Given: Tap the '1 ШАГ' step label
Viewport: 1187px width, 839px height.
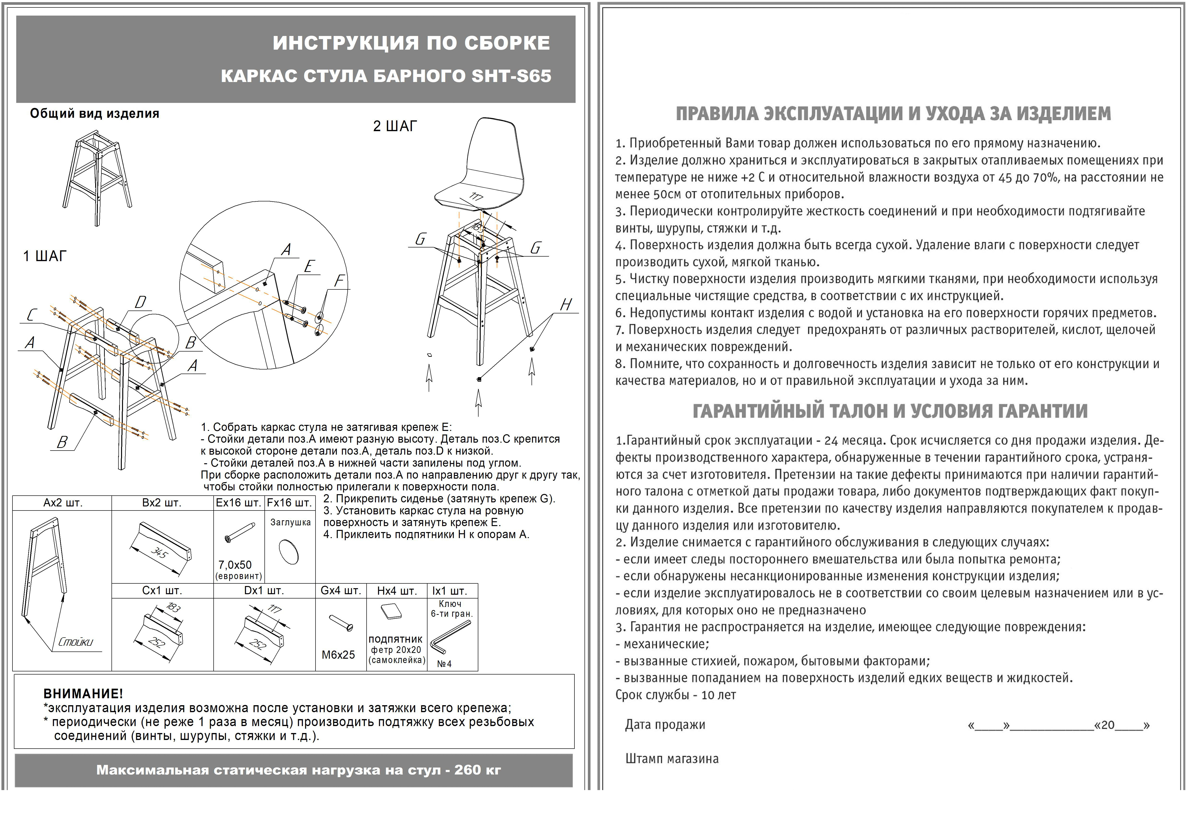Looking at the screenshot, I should coord(45,256).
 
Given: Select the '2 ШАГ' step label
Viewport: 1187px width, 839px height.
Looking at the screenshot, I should coord(395,126).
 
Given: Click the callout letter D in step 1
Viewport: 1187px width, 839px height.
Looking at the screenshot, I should coord(140,302).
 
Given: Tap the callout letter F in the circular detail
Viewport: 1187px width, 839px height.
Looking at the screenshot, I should coord(339,281).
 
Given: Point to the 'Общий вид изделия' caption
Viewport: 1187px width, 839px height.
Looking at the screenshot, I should coord(95,114).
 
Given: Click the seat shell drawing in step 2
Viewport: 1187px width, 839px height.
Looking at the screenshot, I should coord(481,165).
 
